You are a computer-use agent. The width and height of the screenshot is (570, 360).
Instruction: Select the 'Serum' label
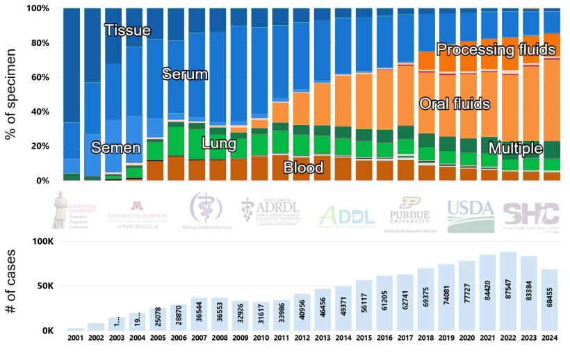[185, 74]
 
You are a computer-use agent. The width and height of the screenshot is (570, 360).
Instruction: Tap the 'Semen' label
[116, 148]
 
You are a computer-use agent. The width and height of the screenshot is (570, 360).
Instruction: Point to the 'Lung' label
[218, 144]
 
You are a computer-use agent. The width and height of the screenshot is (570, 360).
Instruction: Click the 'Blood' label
[303, 167]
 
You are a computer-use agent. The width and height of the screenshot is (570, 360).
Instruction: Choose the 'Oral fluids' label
[455, 104]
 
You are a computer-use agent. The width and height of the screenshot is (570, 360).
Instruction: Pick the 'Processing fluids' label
[496, 49]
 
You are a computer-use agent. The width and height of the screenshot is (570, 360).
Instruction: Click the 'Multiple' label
[515, 149]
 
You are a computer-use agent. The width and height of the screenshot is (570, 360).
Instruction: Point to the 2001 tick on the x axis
[74, 338]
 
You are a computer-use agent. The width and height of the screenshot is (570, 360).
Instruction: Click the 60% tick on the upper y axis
[37, 77]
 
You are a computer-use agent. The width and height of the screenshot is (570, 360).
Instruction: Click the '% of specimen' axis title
[11, 94]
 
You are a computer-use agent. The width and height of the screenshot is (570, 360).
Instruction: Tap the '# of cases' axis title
[11, 285]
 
